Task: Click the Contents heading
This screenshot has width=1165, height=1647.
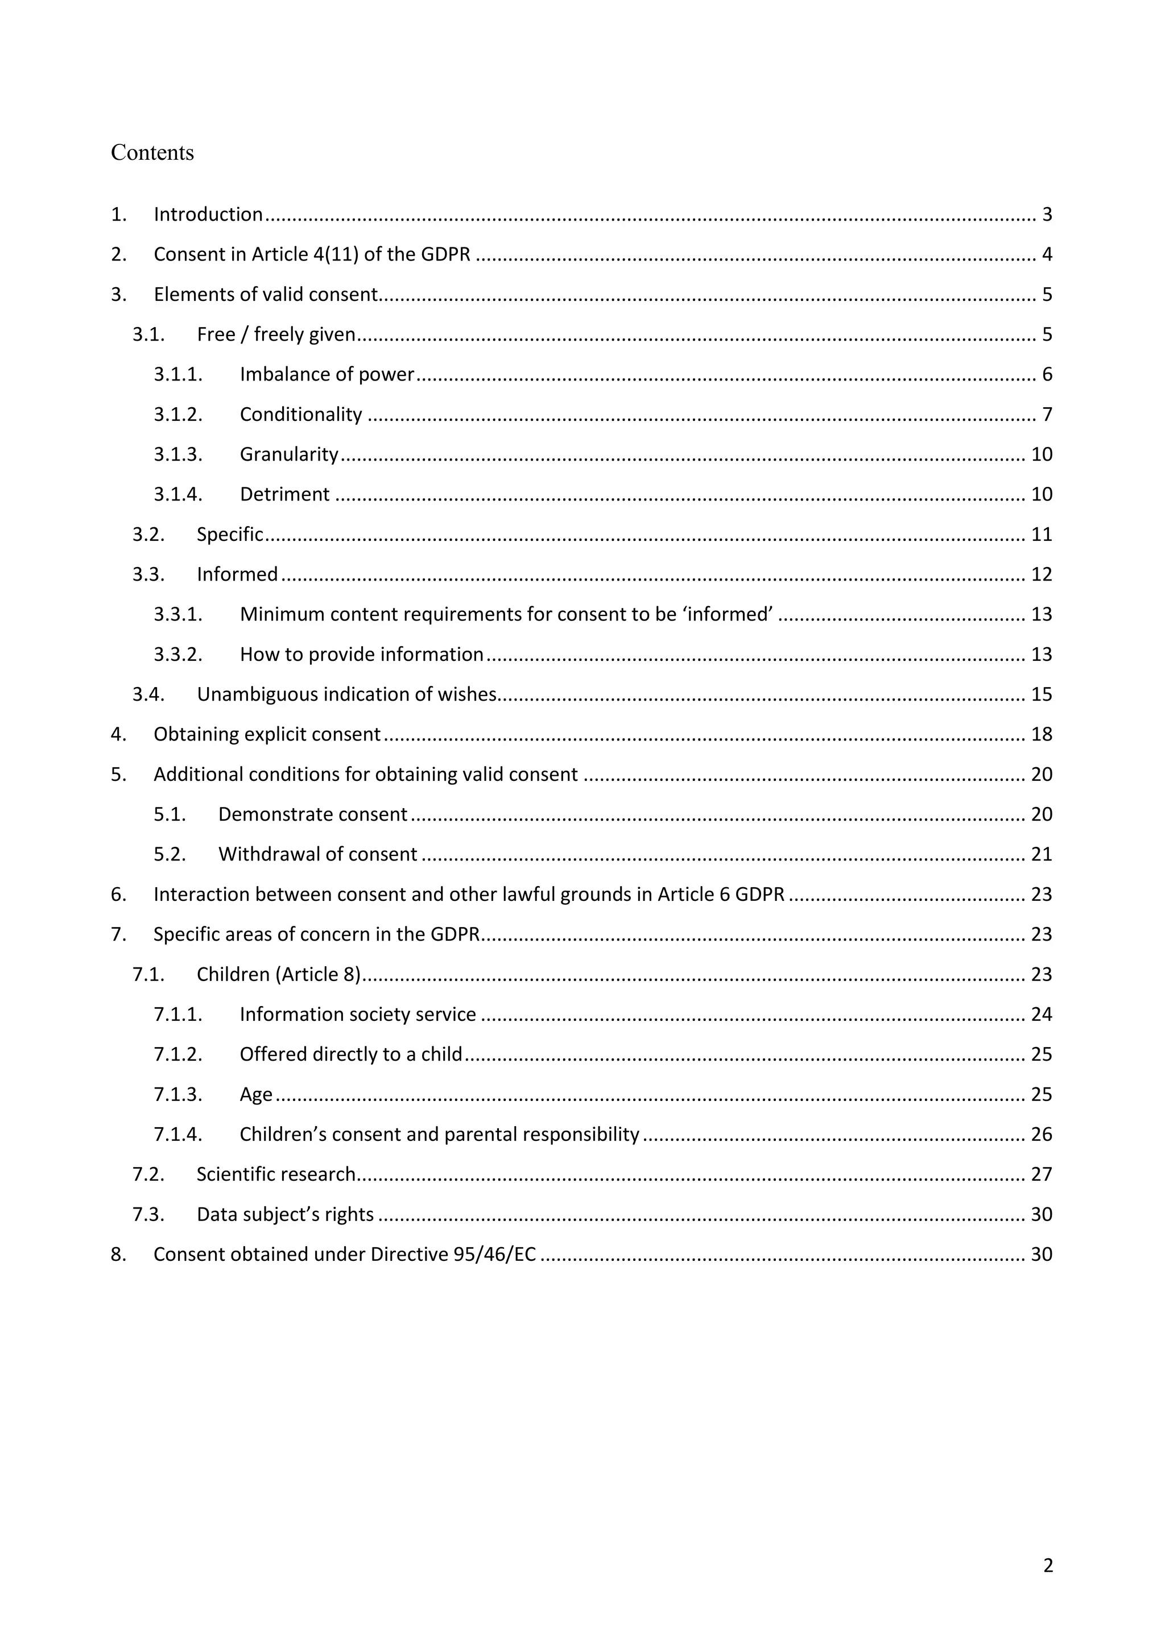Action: [x=152, y=153]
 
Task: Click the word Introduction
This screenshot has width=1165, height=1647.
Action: [x=208, y=214]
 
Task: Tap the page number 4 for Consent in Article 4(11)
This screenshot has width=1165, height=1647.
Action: [x=1047, y=255]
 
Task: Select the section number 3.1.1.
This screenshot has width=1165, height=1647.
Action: [x=178, y=374]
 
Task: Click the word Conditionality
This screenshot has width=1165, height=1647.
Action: [x=300, y=415]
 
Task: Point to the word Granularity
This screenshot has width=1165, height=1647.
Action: [x=288, y=455]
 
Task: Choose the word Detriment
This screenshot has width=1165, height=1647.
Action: [x=285, y=494]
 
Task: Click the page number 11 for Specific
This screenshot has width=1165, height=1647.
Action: [x=1041, y=535]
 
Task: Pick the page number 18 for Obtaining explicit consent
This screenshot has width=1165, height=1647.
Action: [x=1041, y=735]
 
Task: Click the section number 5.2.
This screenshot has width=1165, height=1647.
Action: [x=170, y=854]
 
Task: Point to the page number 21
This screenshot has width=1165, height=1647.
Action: [x=1041, y=854]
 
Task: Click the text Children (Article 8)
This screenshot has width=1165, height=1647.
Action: [x=278, y=974]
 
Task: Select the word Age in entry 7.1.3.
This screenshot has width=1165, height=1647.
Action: [x=256, y=1095]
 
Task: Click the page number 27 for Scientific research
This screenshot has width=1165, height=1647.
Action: [x=1041, y=1174]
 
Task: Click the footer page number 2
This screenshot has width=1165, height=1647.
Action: [x=1047, y=1566]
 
